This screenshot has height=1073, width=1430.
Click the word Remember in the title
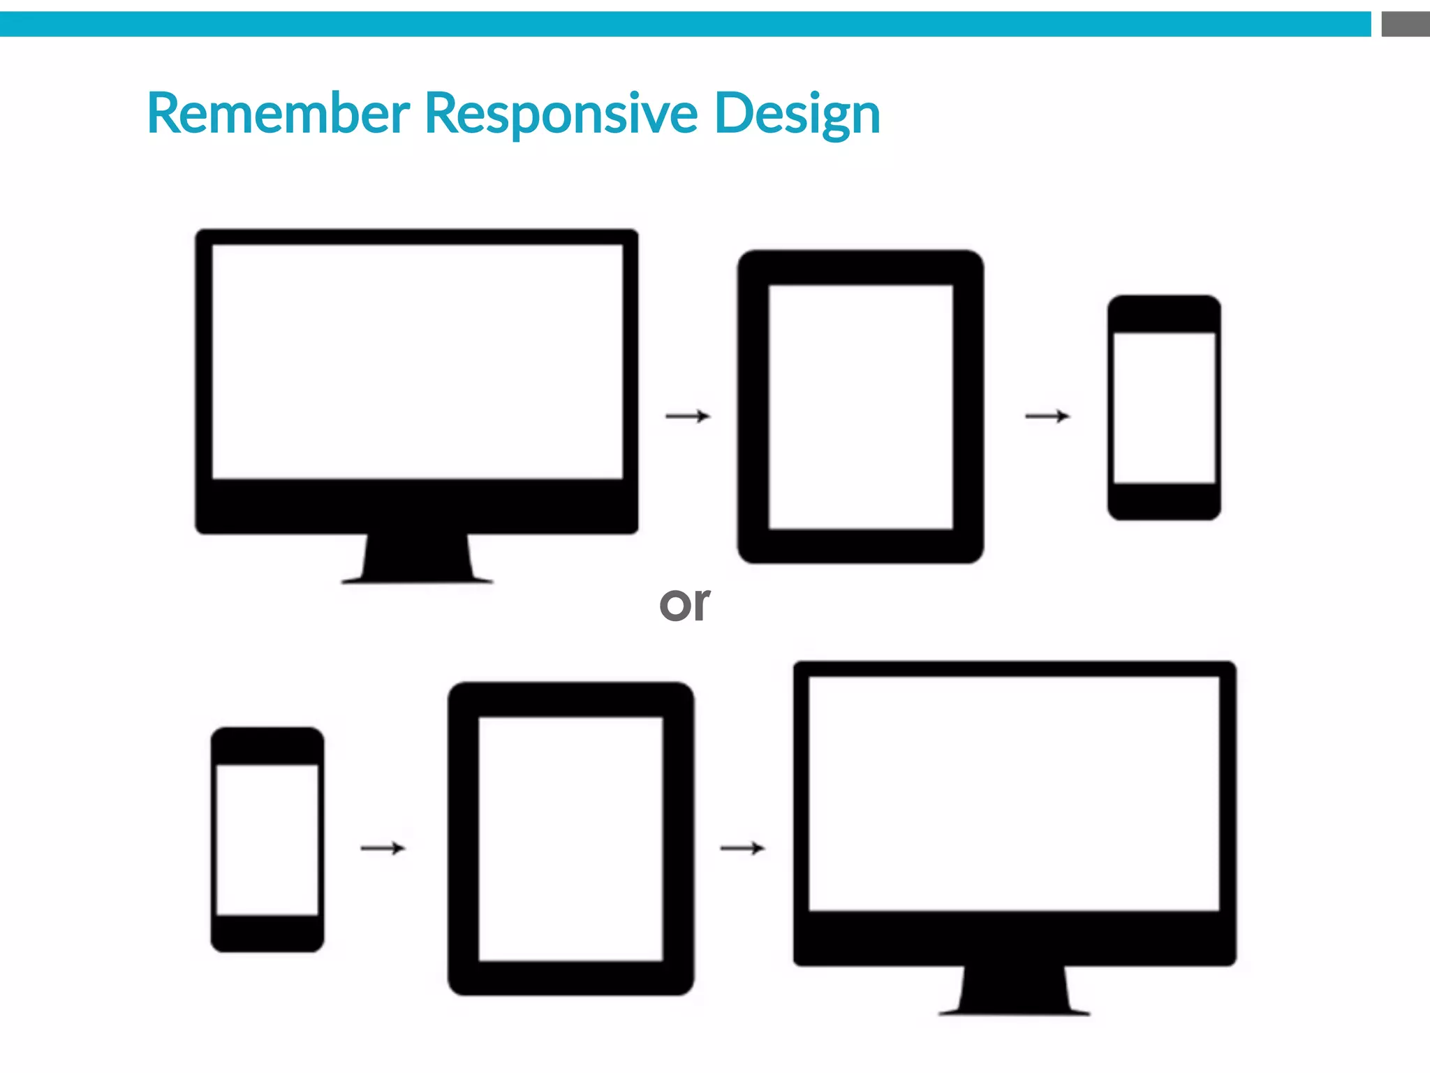coord(278,113)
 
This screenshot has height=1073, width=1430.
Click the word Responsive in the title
coord(561,113)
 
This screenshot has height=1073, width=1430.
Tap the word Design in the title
coord(797,113)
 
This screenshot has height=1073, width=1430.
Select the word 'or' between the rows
coord(684,604)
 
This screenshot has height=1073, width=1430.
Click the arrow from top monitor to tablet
coord(688,416)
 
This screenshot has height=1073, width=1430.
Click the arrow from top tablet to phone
coord(1047,416)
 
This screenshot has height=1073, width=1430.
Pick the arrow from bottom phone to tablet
coord(383,848)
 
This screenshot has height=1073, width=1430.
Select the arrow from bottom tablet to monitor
coord(742,848)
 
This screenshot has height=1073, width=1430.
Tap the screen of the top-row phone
coord(1164,408)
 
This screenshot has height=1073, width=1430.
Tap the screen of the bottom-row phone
coord(267,840)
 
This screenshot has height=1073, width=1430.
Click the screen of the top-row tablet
coord(861,407)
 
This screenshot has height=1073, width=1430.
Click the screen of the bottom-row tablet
coord(570,838)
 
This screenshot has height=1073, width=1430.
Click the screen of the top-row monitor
coord(417,361)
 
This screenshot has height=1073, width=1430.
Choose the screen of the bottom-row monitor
coord(1014,793)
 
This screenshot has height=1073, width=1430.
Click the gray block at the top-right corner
coord(1405,24)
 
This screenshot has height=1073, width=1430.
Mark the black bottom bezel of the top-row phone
coord(1164,501)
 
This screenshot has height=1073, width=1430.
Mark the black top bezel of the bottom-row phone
coord(267,746)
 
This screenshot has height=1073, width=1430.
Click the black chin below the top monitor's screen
coord(417,506)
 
